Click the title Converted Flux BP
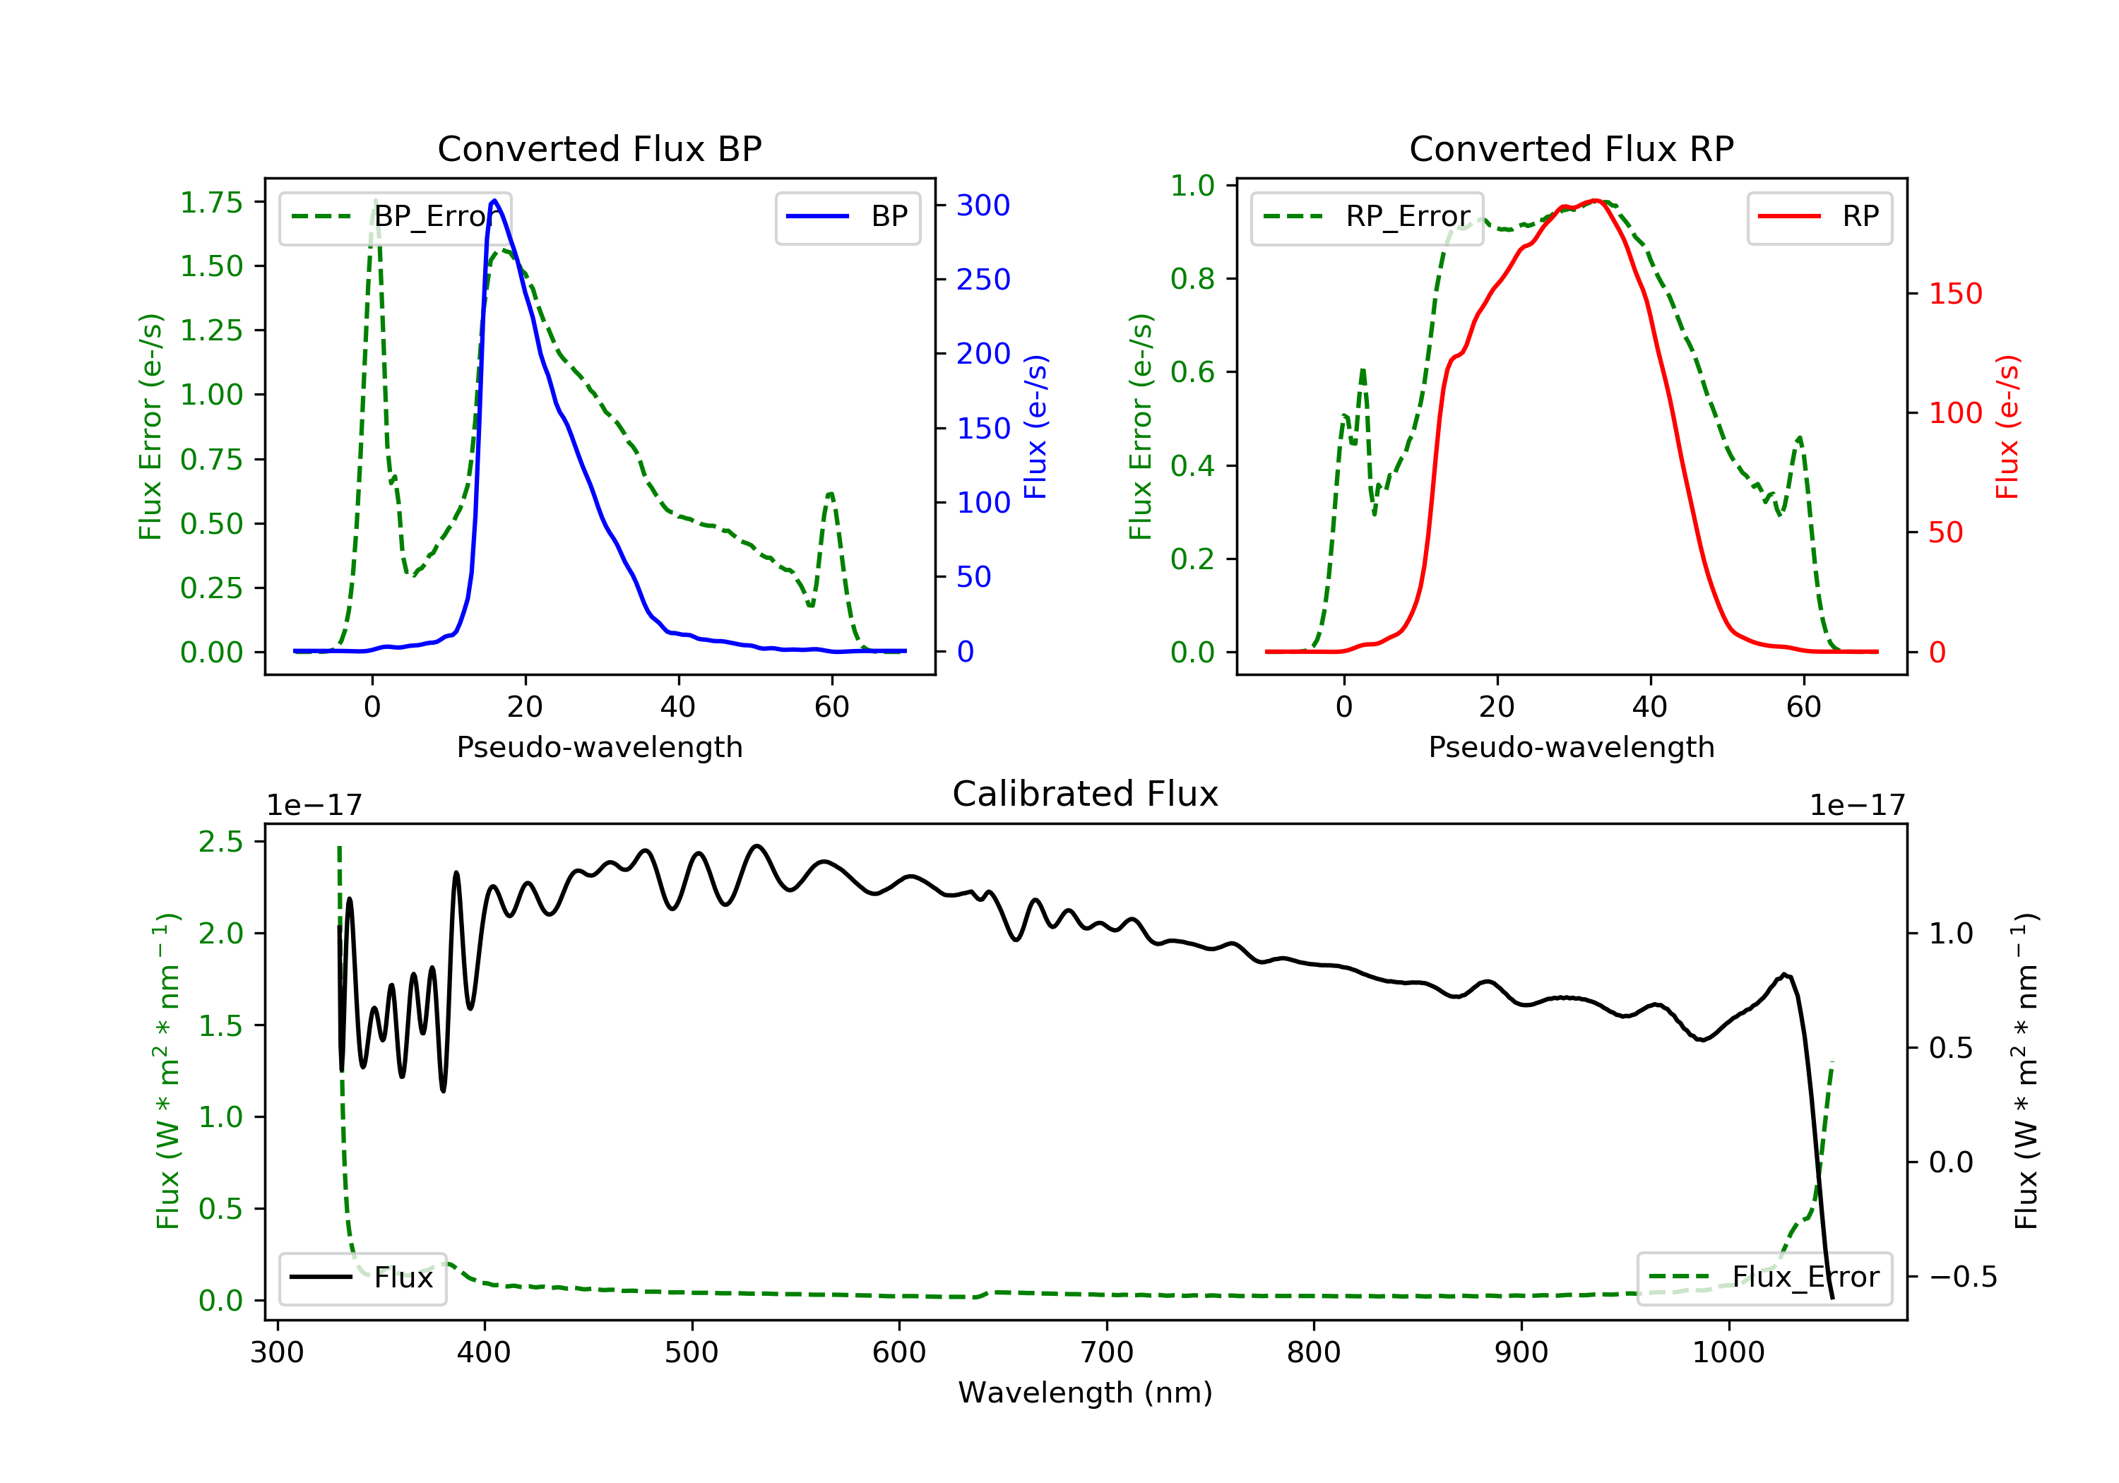(x=599, y=148)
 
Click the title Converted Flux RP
(x=1571, y=148)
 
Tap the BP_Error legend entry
(x=395, y=217)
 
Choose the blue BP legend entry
(x=847, y=217)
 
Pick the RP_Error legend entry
(x=1367, y=217)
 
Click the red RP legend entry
(x=1819, y=217)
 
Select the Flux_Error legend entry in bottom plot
(x=1764, y=1277)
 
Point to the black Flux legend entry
(x=362, y=1277)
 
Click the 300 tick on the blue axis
(x=983, y=205)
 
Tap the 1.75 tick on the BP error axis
(x=210, y=202)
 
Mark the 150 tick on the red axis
(x=1954, y=294)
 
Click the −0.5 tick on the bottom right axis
(x=1962, y=1277)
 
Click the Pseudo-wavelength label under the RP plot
(x=1571, y=746)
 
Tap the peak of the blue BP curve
(x=494, y=201)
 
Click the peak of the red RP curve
(x=1595, y=201)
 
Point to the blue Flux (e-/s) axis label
(x=1035, y=427)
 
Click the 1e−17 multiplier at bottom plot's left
(x=314, y=806)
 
